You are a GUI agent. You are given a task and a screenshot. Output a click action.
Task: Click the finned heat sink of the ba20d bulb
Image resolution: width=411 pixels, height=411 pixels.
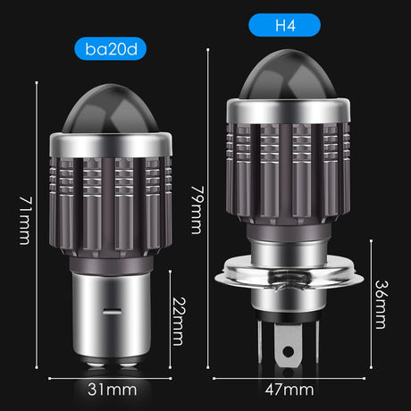pos(110,197)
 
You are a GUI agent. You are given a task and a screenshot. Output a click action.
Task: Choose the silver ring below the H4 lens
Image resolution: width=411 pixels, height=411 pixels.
pos(285,111)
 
